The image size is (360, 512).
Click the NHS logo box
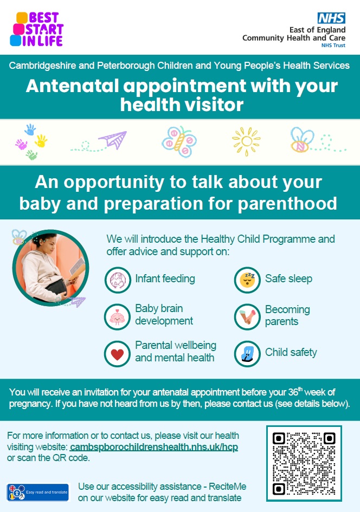332,18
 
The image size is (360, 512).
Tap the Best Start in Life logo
36,29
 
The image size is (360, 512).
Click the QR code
304,463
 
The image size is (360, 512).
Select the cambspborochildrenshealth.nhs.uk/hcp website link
154,446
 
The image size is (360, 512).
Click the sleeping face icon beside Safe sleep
247,280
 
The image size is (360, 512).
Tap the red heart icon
117,354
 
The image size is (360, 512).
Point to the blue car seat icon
247,354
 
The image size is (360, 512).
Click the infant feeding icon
118,280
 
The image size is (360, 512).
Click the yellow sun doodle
247,141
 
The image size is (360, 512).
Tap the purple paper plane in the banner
113,139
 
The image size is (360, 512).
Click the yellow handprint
41,141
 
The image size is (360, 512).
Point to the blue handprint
30,129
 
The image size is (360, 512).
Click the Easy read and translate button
38,492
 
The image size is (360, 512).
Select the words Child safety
291,352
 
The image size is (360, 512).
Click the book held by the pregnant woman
77,268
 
